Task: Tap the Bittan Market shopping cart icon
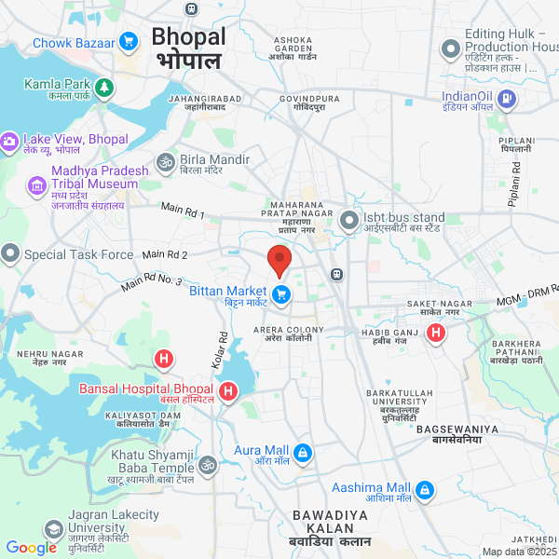281,295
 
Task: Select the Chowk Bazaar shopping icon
129,41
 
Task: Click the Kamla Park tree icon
105,87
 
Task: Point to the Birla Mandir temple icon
166,163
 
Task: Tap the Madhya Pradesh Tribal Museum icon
38,186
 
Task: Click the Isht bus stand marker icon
349,221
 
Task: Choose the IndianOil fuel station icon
505,97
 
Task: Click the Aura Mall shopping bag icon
302,454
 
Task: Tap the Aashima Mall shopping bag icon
425,489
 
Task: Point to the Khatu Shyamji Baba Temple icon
207,464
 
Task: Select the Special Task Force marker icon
10,253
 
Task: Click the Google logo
31,548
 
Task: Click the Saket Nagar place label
440,307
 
